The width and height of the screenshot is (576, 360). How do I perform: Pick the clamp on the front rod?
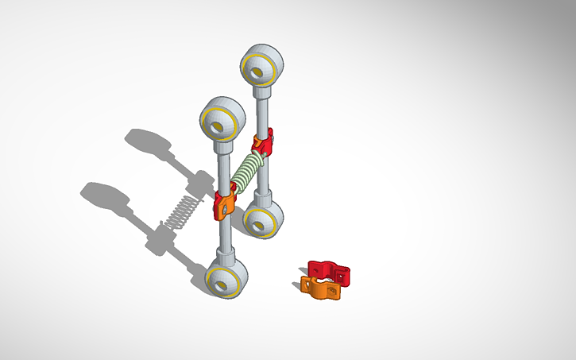click(x=223, y=203)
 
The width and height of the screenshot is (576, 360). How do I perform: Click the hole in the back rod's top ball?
click(x=258, y=71)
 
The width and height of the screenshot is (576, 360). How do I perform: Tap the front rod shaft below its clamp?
click(x=225, y=234)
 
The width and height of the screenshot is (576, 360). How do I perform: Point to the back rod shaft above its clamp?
click(x=262, y=107)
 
